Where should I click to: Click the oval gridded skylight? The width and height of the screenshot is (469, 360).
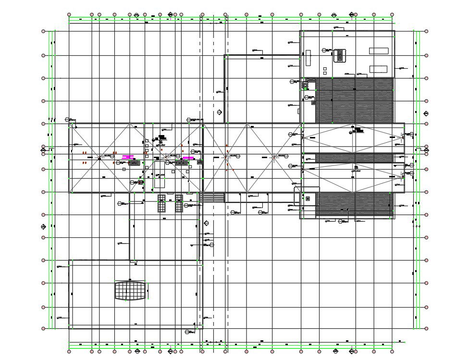pyautogui.click(x=130, y=291)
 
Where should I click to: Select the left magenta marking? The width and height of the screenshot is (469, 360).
pyautogui.click(x=128, y=157)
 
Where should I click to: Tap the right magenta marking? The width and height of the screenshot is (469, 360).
pyautogui.click(x=188, y=157)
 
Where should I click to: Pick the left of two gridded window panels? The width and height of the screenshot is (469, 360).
pyautogui.click(x=162, y=203)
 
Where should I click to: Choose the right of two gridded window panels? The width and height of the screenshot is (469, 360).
pyautogui.click(x=179, y=203)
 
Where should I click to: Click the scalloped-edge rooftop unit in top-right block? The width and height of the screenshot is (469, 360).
pyautogui.click(x=340, y=55)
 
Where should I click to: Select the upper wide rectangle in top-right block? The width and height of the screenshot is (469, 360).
pyautogui.click(x=379, y=50)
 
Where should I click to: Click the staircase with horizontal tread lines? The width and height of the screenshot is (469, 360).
pyautogui.click(x=212, y=197)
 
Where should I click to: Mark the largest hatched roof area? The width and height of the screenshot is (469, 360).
pyautogui.click(x=355, y=100)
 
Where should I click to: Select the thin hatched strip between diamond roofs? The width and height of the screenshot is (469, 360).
pyautogui.click(x=354, y=158)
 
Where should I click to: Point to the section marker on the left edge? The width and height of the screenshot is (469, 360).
pyautogui.click(x=43, y=150)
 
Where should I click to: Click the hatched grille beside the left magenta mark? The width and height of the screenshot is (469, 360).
pyautogui.click(x=134, y=163)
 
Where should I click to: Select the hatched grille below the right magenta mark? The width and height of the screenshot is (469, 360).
pyautogui.click(x=181, y=163)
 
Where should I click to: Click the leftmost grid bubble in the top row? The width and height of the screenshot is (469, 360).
pyautogui.click(x=69, y=15)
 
